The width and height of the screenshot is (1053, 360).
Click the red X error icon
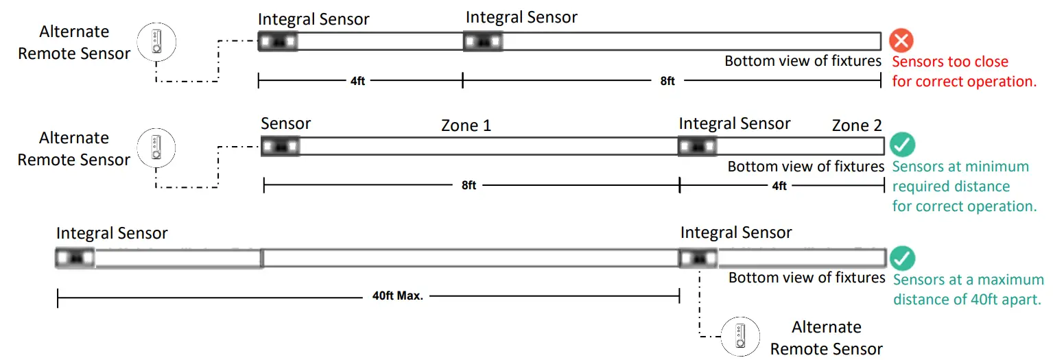(901, 40)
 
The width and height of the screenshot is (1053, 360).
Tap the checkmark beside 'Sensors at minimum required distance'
(903, 145)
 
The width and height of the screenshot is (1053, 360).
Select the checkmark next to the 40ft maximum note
(903, 259)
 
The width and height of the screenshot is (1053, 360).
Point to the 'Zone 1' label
(466, 126)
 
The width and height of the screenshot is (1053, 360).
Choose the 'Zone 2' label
(857, 126)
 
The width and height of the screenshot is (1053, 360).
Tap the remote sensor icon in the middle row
(157, 147)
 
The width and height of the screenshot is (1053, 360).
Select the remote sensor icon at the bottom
(740, 336)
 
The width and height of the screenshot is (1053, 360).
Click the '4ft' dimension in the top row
(358, 81)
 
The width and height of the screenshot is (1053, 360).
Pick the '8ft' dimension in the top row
(667, 81)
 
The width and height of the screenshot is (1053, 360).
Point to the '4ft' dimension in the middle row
(779, 185)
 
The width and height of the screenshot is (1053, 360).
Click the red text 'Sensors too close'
(950, 62)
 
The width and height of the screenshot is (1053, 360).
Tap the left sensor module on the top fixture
(278, 41)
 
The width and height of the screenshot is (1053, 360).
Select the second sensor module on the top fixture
(484, 41)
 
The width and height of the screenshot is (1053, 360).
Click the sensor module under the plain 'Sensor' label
(281, 146)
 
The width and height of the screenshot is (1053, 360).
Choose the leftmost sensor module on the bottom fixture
(75, 258)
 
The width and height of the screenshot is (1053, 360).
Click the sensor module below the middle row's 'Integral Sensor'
(698, 146)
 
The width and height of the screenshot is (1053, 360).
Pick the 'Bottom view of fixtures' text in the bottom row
(807, 278)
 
